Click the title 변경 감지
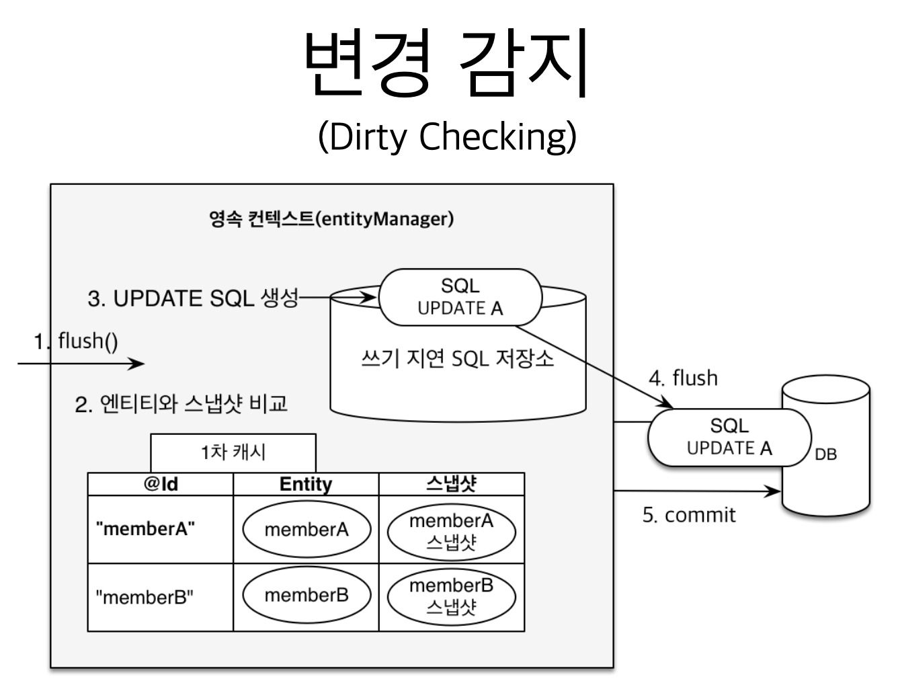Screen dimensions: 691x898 point(447,62)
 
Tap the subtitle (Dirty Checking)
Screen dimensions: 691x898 point(447,137)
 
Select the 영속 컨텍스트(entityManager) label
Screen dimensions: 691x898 point(331,219)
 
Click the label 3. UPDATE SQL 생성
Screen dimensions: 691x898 point(193,298)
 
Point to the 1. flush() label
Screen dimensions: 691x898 point(77,341)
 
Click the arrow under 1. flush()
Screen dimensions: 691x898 point(81,364)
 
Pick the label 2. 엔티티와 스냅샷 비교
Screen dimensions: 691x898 point(181,404)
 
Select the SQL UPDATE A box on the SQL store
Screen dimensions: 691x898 point(460,297)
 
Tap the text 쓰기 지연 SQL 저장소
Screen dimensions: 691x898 point(458,358)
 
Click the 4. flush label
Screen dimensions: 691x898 point(683,378)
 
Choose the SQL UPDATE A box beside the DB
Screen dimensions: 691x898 point(729,437)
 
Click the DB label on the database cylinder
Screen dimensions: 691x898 point(825,454)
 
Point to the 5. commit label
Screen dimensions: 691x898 point(689,515)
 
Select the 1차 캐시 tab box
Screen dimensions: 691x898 point(233,452)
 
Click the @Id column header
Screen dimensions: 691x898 point(161,484)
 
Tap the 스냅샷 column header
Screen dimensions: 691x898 point(452,484)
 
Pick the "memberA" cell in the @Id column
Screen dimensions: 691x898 point(146,529)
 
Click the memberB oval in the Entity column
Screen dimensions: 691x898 point(307,596)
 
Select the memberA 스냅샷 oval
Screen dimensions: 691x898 point(452,531)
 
